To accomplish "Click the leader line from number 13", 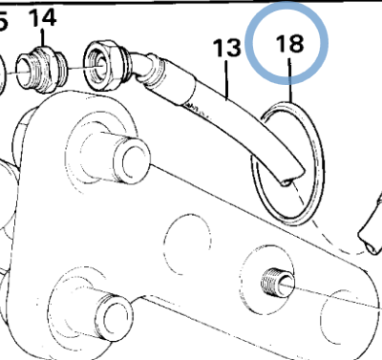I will point(228,80).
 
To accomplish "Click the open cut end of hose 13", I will point(286,178).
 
